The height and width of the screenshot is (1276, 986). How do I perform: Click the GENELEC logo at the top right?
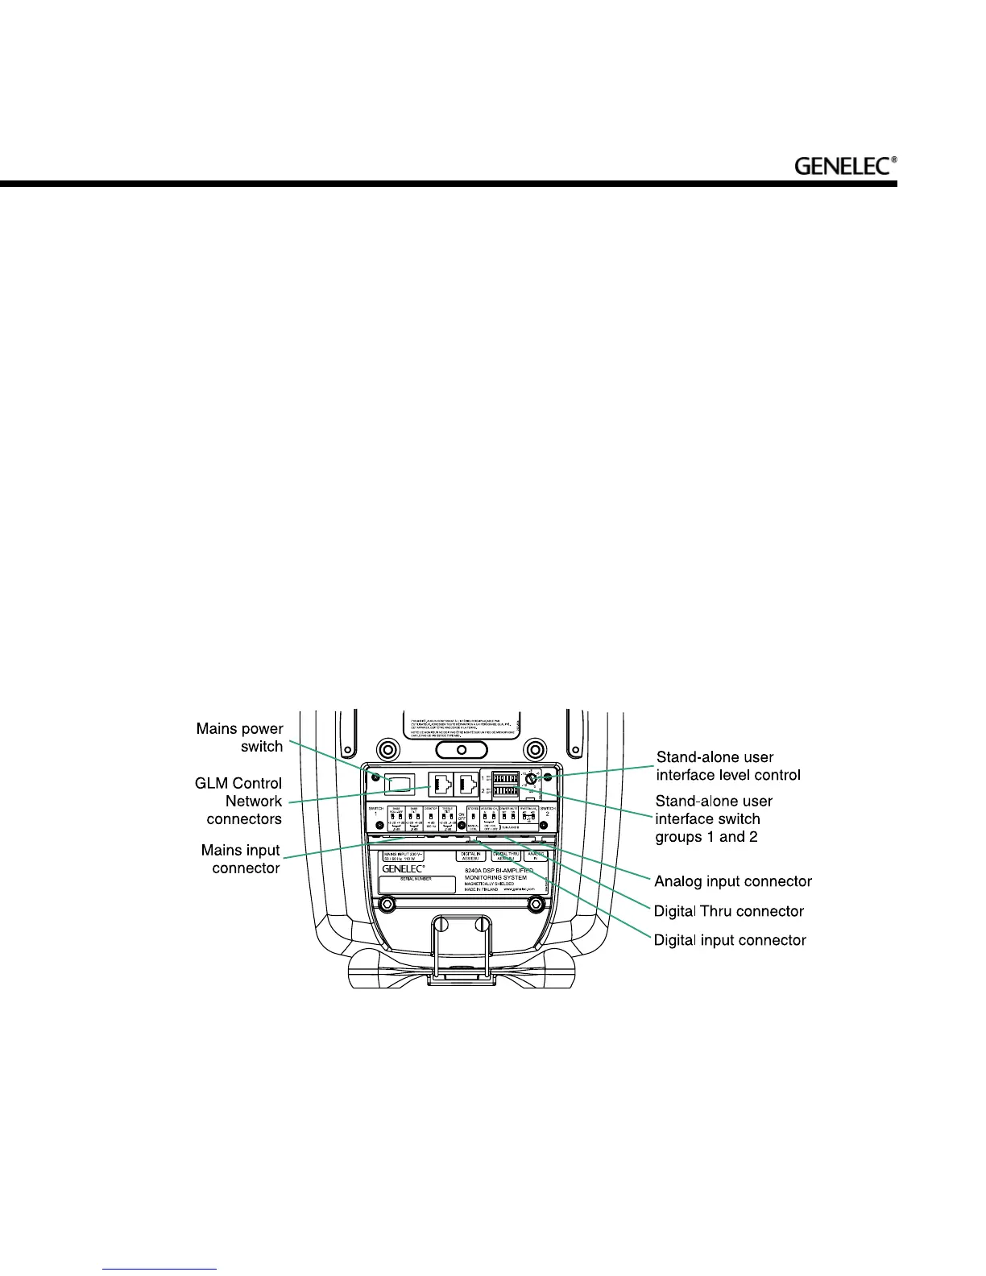tap(845, 166)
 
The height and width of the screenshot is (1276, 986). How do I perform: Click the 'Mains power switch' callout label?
tap(240, 737)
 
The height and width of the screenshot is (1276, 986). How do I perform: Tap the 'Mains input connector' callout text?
tap(241, 859)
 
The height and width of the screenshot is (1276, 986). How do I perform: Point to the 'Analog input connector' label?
tap(732, 881)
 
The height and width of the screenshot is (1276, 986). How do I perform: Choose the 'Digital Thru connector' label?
tap(728, 911)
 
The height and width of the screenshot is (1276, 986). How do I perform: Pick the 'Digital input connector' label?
tap(729, 940)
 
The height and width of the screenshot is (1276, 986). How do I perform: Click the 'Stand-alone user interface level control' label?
tap(727, 766)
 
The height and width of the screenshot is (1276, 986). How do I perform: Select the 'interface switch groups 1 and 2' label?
tap(713, 819)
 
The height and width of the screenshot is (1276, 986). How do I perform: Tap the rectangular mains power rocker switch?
tap(400, 783)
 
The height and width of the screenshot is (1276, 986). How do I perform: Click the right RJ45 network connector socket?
tap(466, 783)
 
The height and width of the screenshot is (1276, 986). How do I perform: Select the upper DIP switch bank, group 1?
tap(504, 778)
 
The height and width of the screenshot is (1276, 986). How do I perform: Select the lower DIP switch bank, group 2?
tap(504, 792)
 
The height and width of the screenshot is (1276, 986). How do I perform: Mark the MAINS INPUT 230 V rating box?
tap(402, 856)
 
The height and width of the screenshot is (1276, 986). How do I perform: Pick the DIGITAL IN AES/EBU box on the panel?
tap(470, 856)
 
